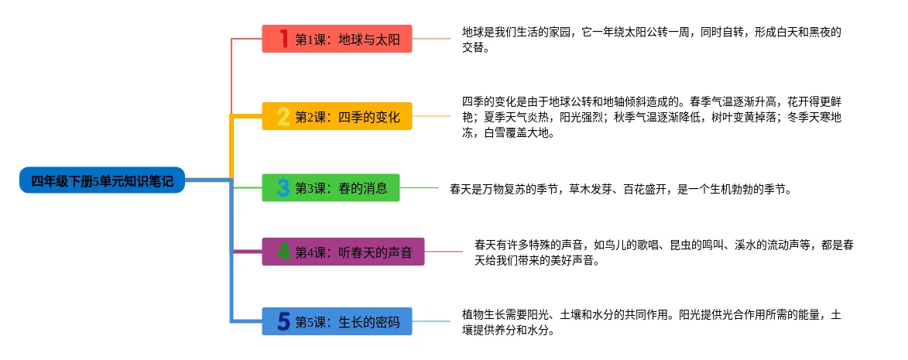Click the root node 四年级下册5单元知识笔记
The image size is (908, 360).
(x=101, y=181)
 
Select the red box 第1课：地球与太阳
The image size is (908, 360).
(x=337, y=39)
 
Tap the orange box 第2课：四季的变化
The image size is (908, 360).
(x=337, y=117)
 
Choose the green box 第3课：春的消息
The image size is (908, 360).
(x=331, y=187)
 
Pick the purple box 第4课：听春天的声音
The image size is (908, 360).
(x=343, y=252)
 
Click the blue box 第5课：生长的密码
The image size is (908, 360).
(x=337, y=321)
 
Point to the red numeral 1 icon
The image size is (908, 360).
(x=283, y=39)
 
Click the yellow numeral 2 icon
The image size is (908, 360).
(x=283, y=117)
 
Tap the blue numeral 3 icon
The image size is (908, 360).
(x=283, y=187)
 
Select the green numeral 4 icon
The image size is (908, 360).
(x=283, y=252)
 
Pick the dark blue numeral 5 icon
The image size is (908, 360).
(x=283, y=321)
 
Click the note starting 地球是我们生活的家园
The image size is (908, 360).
(x=651, y=39)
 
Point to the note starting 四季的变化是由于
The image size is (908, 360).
(x=651, y=116)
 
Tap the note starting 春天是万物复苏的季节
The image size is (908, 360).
(x=619, y=188)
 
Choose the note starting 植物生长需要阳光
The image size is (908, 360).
(x=651, y=322)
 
